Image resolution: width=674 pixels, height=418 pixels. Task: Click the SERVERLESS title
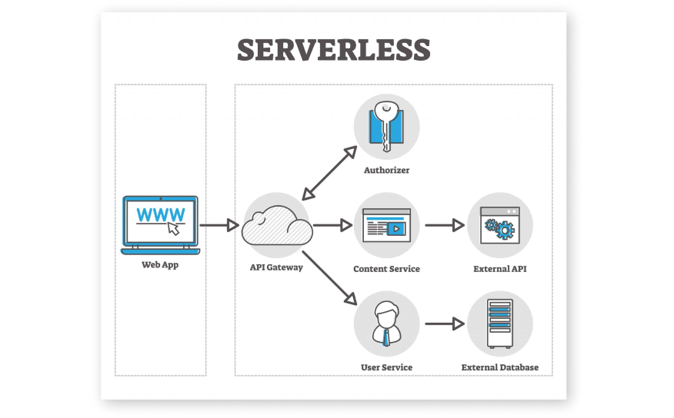333,49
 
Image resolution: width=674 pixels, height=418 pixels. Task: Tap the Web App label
160,265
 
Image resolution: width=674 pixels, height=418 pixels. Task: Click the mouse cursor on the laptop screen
174,228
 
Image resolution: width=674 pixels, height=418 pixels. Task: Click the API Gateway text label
276,268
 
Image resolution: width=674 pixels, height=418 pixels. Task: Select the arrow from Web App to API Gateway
219,225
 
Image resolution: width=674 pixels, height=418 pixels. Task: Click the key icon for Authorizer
386,127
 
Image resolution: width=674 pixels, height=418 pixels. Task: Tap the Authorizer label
386,170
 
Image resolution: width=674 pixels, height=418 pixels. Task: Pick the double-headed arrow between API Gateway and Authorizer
329,174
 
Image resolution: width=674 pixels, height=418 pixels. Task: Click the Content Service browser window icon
386,225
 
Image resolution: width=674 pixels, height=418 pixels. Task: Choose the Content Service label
386,269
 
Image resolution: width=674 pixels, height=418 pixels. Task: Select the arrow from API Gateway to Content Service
332,225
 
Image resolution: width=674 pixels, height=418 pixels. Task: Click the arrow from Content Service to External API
445,225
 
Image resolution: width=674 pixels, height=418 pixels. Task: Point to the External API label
499,269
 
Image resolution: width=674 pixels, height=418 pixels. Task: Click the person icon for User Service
386,323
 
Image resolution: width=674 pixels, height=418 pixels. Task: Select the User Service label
386,367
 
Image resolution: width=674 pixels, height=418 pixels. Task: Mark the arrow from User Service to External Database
445,323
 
